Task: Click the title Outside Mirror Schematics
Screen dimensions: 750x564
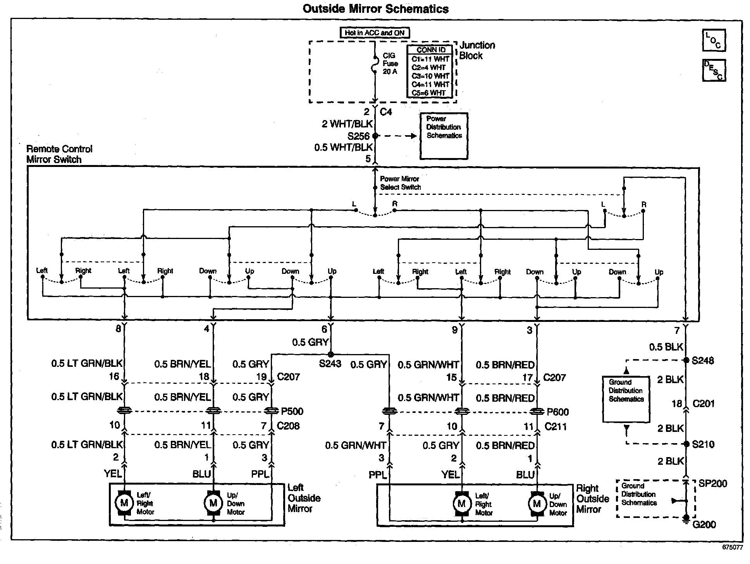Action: tap(375, 9)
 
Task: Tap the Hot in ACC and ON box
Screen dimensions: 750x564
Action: tap(374, 33)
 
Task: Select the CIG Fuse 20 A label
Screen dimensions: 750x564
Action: tap(390, 64)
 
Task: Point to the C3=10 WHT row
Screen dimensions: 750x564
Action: tap(430, 76)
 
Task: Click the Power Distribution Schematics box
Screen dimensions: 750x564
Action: tap(444, 136)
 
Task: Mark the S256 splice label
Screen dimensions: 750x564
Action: tap(358, 136)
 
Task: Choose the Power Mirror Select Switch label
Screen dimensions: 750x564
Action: tap(400, 183)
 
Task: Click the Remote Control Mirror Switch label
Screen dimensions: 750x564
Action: tap(60, 154)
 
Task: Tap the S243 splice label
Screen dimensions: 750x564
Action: tap(330, 364)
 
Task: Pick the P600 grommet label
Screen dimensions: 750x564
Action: tap(557, 412)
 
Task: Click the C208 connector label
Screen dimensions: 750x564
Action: tap(288, 426)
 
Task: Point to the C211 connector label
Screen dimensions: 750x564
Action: tap(556, 426)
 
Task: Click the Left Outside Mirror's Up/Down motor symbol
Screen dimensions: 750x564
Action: tap(213, 503)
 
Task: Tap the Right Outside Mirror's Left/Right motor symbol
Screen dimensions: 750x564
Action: tap(461, 504)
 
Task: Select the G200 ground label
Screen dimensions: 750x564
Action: tap(704, 524)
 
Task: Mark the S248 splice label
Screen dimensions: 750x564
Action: tap(703, 361)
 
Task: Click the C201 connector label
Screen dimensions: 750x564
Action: tap(704, 404)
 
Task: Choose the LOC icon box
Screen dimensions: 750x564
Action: tap(714, 40)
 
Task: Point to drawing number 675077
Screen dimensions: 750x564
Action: tap(733, 548)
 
